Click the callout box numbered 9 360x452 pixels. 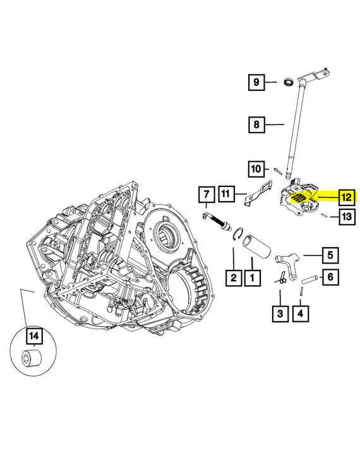[256, 82]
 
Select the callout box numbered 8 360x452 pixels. [256, 125]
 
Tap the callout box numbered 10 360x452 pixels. [256, 169]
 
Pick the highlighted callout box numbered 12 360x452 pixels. [347, 197]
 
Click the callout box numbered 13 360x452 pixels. [347, 216]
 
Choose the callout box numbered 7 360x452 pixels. [207, 195]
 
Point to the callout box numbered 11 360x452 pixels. [226, 193]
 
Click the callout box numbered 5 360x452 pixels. [330, 255]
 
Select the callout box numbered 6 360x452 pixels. [330, 277]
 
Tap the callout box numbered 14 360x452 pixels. [35, 336]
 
